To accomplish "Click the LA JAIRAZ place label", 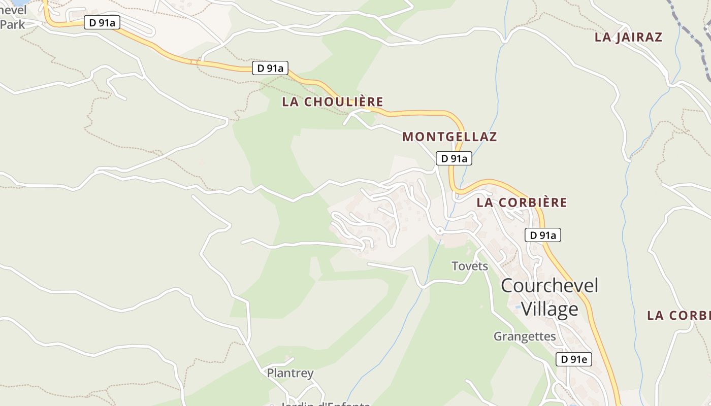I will pyautogui.click(x=628, y=37).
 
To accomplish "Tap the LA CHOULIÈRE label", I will pyautogui.click(x=333, y=101).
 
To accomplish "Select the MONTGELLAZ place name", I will pyautogui.click(x=449, y=137).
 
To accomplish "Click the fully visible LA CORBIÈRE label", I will pyautogui.click(x=522, y=202).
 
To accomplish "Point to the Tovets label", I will pyautogui.click(x=470, y=266).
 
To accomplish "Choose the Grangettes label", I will pyautogui.click(x=525, y=336).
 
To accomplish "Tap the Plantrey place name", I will pyautogui.click(x=290, y=373).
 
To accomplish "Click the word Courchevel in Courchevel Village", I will pyautogui.click(x=550, y=285).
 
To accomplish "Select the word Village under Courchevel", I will pyautogui.click(x=550, y=309).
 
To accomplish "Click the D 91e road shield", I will pyautogui.click(x=574, y=359).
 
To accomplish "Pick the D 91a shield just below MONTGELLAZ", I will pyautogui.click(x=454, y=158).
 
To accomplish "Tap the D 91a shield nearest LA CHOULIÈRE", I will pyautogui.click(x=270, y=68).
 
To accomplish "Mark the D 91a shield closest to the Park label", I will pyautogui.click(x=102, y=22).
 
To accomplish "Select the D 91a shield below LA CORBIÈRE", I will pyautogui.click(x=542, y=235).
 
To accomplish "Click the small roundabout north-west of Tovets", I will pyautogui.click(x=440, y=231).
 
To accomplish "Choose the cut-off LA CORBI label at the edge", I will pyautogui.click(x=678, y=315).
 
